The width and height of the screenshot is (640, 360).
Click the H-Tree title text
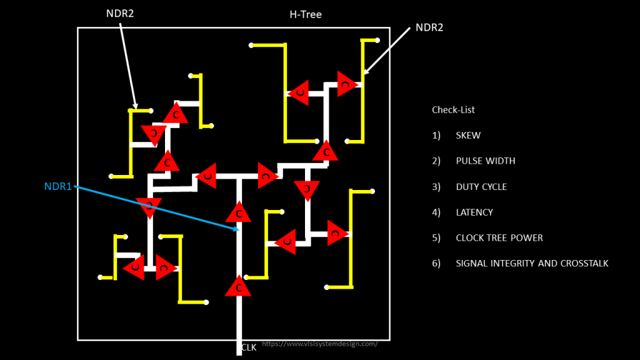coord(305,14)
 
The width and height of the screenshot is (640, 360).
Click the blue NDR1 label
coord(58,187)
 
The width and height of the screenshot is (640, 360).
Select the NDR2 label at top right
coord(429,27)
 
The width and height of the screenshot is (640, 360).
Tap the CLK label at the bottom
coord(249,347)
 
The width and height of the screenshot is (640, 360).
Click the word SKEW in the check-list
coord(468,136)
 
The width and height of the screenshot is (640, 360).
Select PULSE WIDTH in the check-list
coord(486,161)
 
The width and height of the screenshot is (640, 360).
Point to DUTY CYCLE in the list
coord(481,187)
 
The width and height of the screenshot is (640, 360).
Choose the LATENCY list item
coord(474,212)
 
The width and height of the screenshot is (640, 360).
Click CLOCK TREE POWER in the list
coord(499,238)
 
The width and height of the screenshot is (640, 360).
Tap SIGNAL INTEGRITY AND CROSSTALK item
coord(532,264)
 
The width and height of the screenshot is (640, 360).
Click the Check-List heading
coord(453,110)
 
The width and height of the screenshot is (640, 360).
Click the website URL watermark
coord(319,344)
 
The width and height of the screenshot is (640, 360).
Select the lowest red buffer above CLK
coord(238,287)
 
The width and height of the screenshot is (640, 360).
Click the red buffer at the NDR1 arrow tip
coord(238,212)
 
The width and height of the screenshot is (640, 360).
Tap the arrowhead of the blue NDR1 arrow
coord(236,229)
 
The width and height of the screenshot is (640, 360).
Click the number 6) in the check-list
coord(436,264)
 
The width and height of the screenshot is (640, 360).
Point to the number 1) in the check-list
coord(436,136)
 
